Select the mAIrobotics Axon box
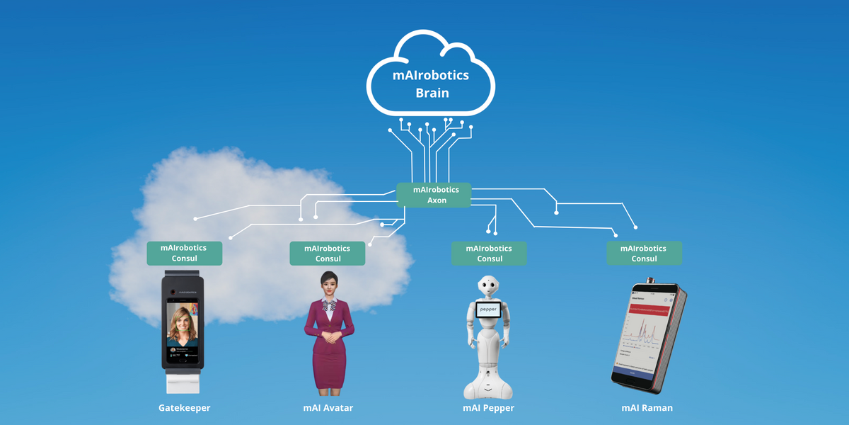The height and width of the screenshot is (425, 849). click(434, 195)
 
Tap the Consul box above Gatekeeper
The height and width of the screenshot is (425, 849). click(184, 254)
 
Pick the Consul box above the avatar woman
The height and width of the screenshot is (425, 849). click(327, 254)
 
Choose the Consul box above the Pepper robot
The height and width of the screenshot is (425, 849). click(490, 254)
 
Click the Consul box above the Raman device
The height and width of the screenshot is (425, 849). click(644, 254)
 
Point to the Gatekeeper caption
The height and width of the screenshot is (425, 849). click(184, 408)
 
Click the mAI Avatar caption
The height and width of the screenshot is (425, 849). click(328, 408)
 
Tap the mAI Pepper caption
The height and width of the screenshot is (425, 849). click(488, 408)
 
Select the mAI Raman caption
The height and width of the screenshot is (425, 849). click(647, 408)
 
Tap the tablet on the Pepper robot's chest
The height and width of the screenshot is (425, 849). click(489, 310)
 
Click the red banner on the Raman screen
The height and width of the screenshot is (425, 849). click(650, 310)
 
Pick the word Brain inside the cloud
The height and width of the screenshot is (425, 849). click(432, 93)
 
